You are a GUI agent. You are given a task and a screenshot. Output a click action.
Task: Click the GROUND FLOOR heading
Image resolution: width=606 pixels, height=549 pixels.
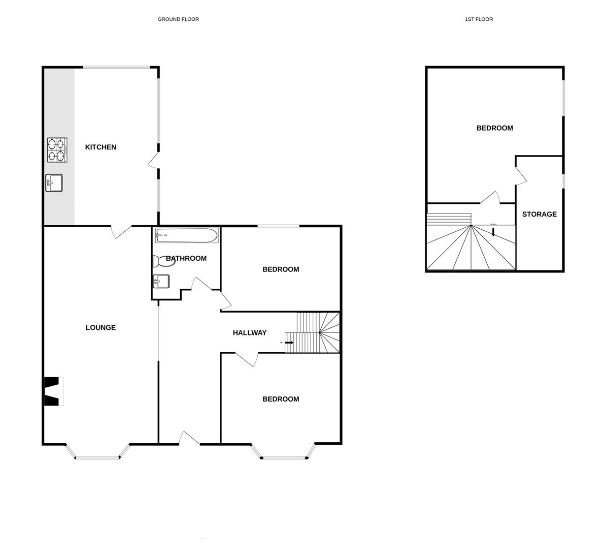178,19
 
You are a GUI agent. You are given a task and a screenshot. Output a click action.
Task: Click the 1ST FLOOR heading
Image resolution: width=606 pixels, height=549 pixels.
479,19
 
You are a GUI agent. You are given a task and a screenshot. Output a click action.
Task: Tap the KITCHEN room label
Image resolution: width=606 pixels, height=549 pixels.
100,147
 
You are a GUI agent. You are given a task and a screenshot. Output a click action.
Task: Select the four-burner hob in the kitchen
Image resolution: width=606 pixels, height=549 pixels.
57,150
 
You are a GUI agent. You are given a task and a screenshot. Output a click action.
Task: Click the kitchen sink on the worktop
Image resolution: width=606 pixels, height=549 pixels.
54,183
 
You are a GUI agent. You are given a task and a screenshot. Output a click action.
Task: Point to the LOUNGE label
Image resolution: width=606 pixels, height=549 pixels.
100,328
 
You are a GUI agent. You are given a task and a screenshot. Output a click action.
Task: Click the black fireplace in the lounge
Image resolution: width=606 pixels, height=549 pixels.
52,391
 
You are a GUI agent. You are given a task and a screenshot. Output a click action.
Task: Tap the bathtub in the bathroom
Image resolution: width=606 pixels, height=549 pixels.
186,235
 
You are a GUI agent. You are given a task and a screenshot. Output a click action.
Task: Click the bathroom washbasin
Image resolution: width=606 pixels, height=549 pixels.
161,281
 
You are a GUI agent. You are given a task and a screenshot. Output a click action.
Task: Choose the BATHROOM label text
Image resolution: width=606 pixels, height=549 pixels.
186,259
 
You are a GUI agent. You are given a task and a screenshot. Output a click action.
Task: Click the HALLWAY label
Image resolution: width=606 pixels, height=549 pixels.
250,333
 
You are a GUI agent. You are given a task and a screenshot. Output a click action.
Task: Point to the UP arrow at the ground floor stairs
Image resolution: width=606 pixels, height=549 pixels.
289,343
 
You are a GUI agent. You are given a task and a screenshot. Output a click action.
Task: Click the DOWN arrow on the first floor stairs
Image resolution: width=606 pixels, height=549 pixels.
493,232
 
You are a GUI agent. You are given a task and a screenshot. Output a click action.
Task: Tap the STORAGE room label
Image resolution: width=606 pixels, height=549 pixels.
540,215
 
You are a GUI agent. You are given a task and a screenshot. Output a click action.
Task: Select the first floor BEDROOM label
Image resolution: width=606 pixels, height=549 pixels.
494,128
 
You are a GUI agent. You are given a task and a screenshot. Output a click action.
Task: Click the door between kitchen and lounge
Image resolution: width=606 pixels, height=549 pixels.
122,231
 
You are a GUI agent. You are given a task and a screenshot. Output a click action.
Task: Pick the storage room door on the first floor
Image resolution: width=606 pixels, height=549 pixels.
521,175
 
